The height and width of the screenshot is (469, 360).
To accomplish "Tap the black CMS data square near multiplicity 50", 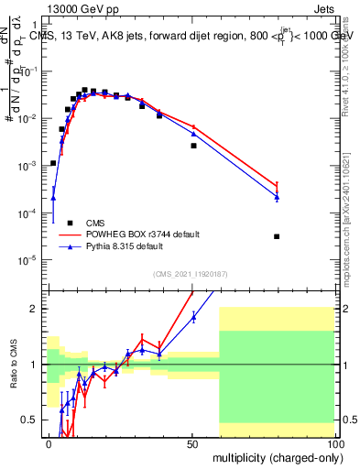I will tap(193, 146).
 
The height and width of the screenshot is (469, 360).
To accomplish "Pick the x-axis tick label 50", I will tap(192, 443).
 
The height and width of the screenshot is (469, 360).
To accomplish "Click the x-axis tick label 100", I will tap(334, 443).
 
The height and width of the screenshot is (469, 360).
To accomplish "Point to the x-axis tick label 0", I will tap(49, 443).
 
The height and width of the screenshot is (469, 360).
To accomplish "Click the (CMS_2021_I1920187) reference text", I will tap(191, 273).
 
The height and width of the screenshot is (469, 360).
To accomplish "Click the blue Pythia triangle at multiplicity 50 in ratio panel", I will tap(193, 317).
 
